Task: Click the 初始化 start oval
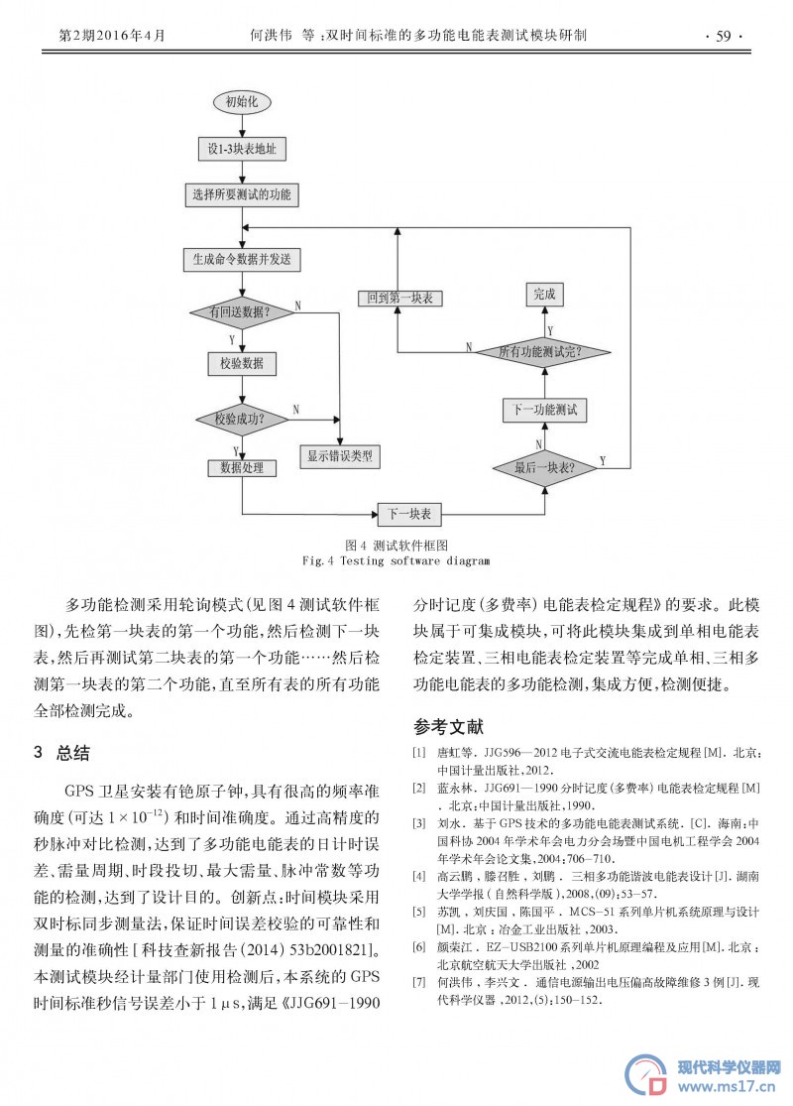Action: pyautogui.click(x=242, y=101)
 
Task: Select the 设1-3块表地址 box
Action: pyautogui.click(x=242, y=149)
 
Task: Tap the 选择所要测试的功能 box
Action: pyautogui.click(x=242, y=194)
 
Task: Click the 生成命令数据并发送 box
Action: pyautogui.click(x=242, y=260)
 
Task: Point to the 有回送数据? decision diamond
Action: pyautogui.click(x=242, y=311)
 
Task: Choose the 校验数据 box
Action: pyautogui.click(x=242, y=363)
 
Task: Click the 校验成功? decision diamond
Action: pyautogui.click(x=242, y=419)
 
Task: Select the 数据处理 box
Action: pyautogui.click(x=242, y=467)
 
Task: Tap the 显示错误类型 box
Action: pyautogui.click(x=340, y=455)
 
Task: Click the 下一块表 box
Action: pyautogui.click(x=409, y=514)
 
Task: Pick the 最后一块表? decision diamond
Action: pyautogui.click(x=544, y=467)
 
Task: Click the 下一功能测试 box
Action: pyautogui.click(x=544, y=410)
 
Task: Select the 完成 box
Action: pyautogui.click(x=544, y=295)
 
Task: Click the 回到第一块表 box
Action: pyautogui.click(x=399, y=298)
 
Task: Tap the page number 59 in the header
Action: pyautogui.click(x=724, y=36)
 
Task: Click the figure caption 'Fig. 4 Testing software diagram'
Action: pyautogui.click(x=396, y=560)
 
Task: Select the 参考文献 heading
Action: pyautogui.click(x=448, y=726)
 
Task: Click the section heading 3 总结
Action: pyautogui.click(x=62, y=753)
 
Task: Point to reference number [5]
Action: pyautogui.click(x=419, y=912)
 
